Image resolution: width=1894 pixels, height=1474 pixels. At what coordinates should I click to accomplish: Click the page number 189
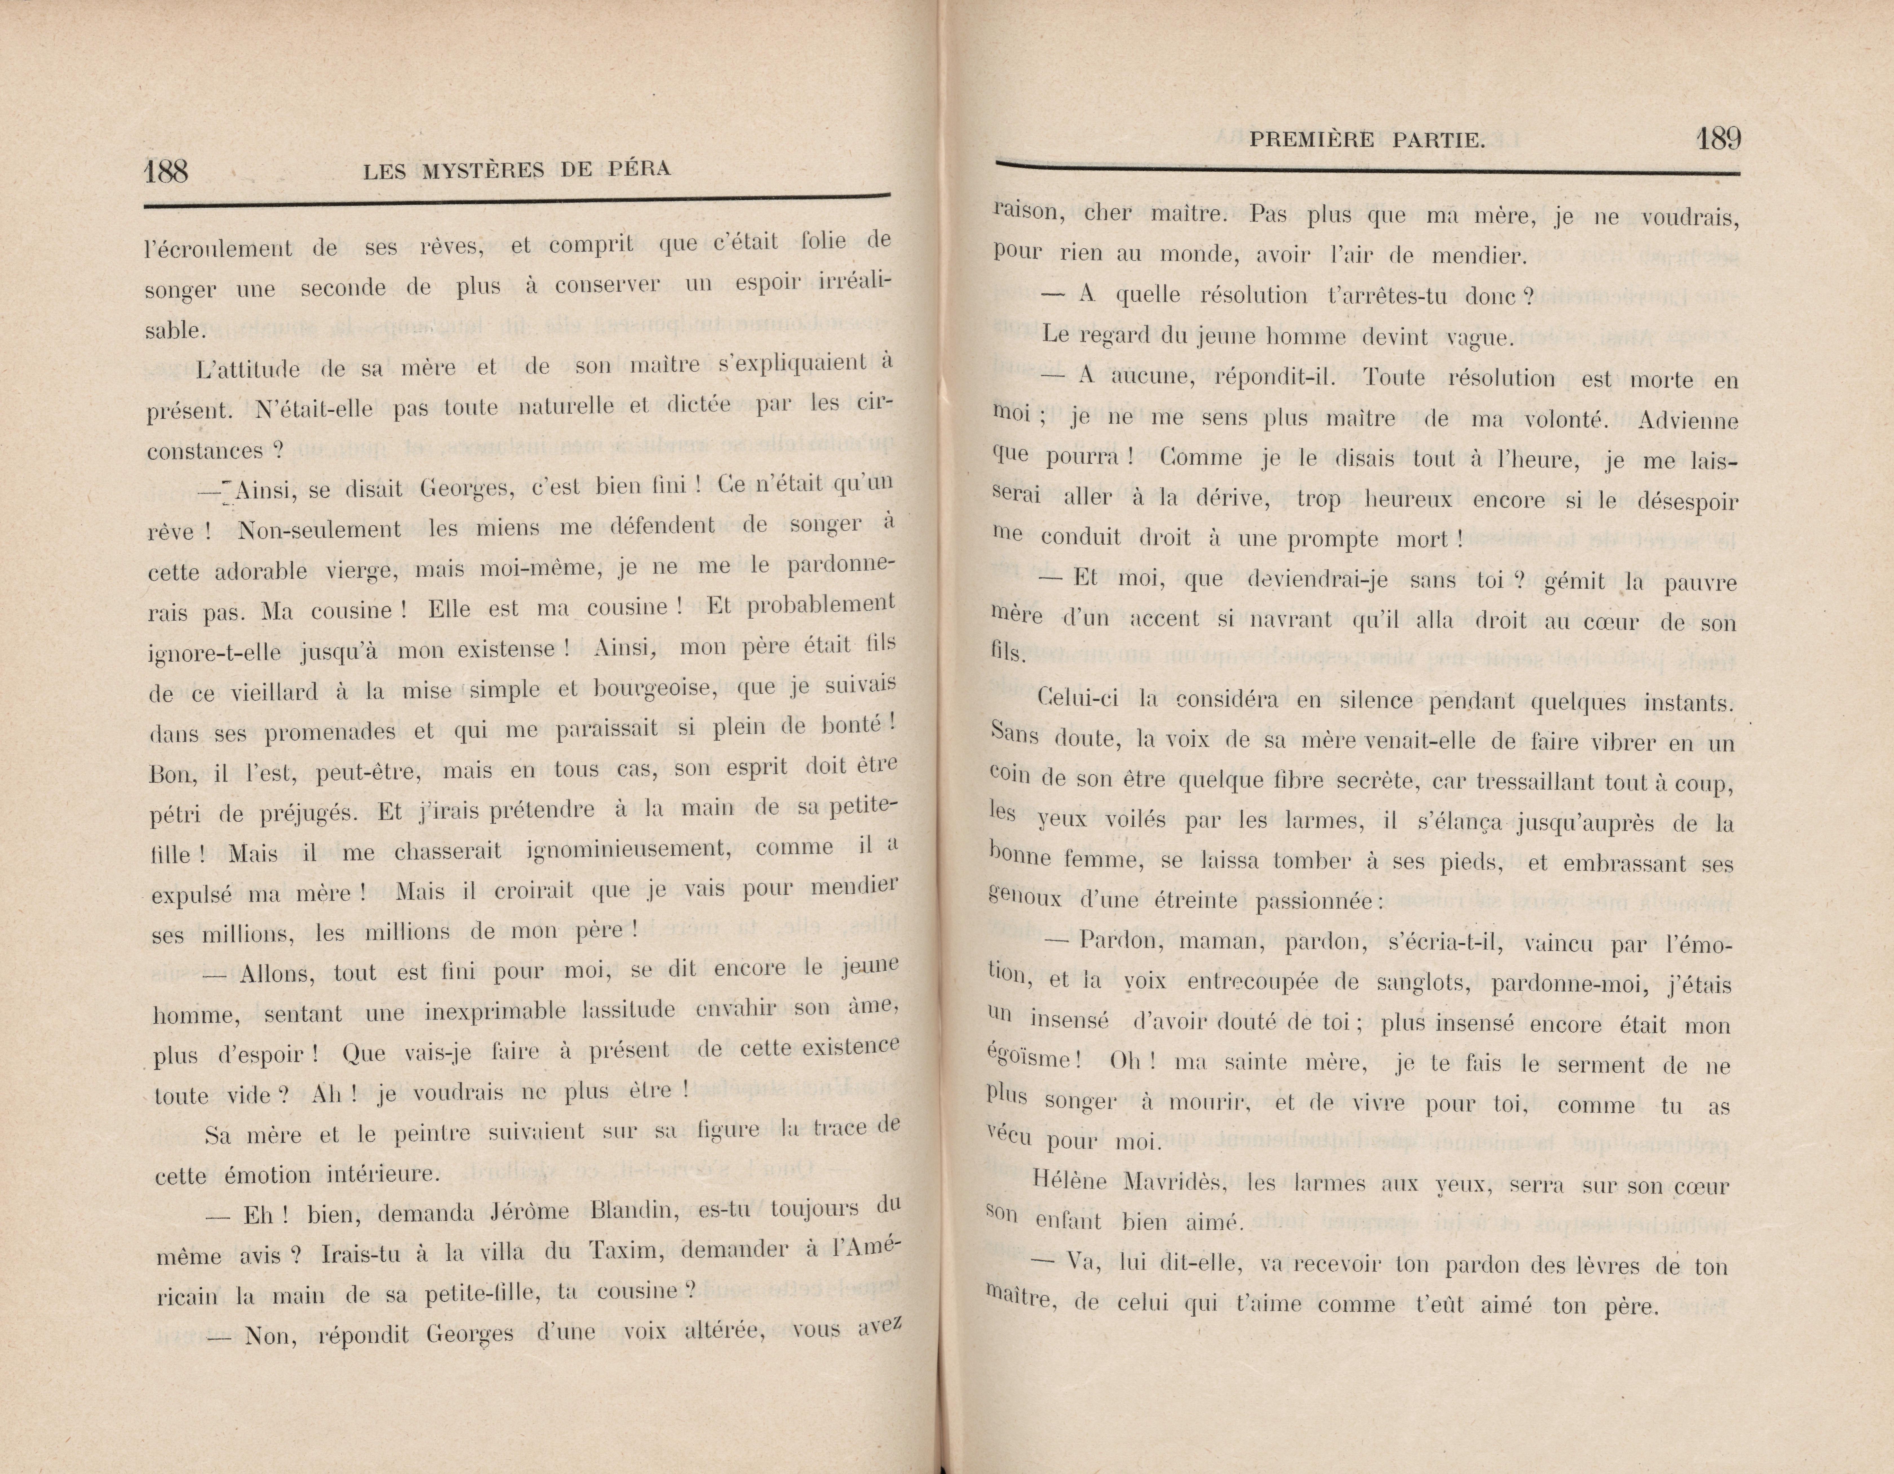point(1719,139)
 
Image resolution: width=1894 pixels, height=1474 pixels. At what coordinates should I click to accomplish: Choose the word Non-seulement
point(319,529)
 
